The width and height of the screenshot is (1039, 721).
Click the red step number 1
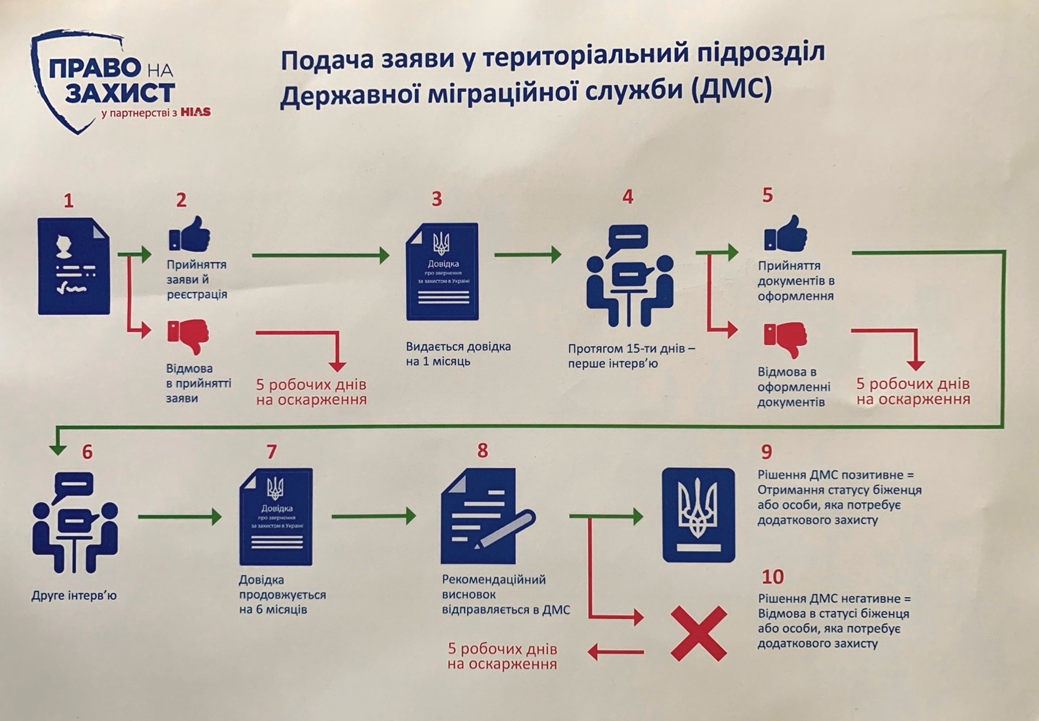tap(69, 201)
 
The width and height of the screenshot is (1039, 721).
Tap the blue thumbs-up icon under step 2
tap(189, 234)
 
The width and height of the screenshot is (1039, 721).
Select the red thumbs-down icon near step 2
tap(188, 337)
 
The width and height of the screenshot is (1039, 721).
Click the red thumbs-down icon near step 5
tap(786, 340)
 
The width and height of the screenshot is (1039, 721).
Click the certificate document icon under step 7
tap(276, 516)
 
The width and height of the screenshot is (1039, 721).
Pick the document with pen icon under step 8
tap(485, 517)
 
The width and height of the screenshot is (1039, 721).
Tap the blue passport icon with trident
tap(699, 515)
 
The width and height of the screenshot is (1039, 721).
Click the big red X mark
tap(698, 633)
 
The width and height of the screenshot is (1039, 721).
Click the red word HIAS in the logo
tap(195, 112)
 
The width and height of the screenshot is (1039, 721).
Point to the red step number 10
tap(773, 576)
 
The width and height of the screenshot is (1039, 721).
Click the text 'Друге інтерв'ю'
tap(74, 595)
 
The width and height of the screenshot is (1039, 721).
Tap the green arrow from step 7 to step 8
tap(374, 516)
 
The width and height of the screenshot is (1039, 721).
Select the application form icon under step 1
tap(74, 266)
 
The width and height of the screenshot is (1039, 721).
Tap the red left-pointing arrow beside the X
tap(615, 652)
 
